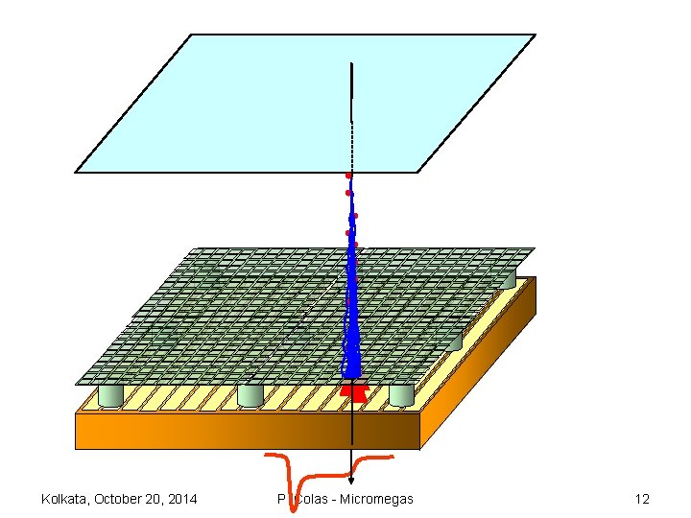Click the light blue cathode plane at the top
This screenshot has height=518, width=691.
click(x=240, y=106)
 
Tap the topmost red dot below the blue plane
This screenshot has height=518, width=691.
click(x=348, y=176)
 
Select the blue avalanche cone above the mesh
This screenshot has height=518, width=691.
click(x=352, y=307)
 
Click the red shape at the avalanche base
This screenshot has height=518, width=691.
click(x=353, y=390)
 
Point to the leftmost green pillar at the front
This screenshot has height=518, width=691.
click(x=111, y=395)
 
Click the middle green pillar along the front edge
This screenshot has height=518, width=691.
click(x=250, y=395)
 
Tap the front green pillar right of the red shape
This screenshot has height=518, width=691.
click(x=401, y=394)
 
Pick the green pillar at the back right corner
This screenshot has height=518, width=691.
click(x=505, y=277)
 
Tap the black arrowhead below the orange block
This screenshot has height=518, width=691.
click(x=351, y=480)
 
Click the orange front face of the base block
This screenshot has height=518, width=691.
click(x=240, y=430)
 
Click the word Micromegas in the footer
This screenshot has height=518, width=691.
click(x=377, y=499)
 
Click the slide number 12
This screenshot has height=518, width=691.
click(x=642, y=499)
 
